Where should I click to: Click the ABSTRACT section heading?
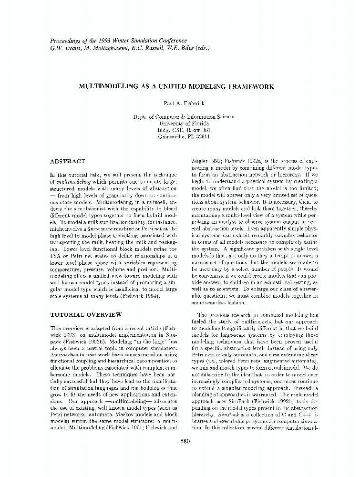coord(67,161)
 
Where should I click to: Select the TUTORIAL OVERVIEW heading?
coord(86,314)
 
